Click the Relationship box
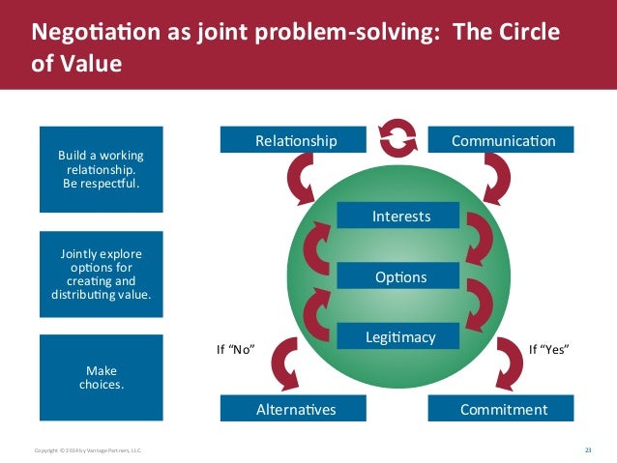click(x=296, y=141)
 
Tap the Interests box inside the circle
click(x=400, y=216)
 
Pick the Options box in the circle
click(x=400, y=277)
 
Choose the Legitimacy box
click(x=400, y=336)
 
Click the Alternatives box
click(x=296, y=410)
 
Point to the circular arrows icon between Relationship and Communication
click(x=398, y=139)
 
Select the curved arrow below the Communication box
click(x=501, y=180)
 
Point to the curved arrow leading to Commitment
click(x=509, y=364)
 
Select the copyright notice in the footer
click(x=88, y=451)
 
